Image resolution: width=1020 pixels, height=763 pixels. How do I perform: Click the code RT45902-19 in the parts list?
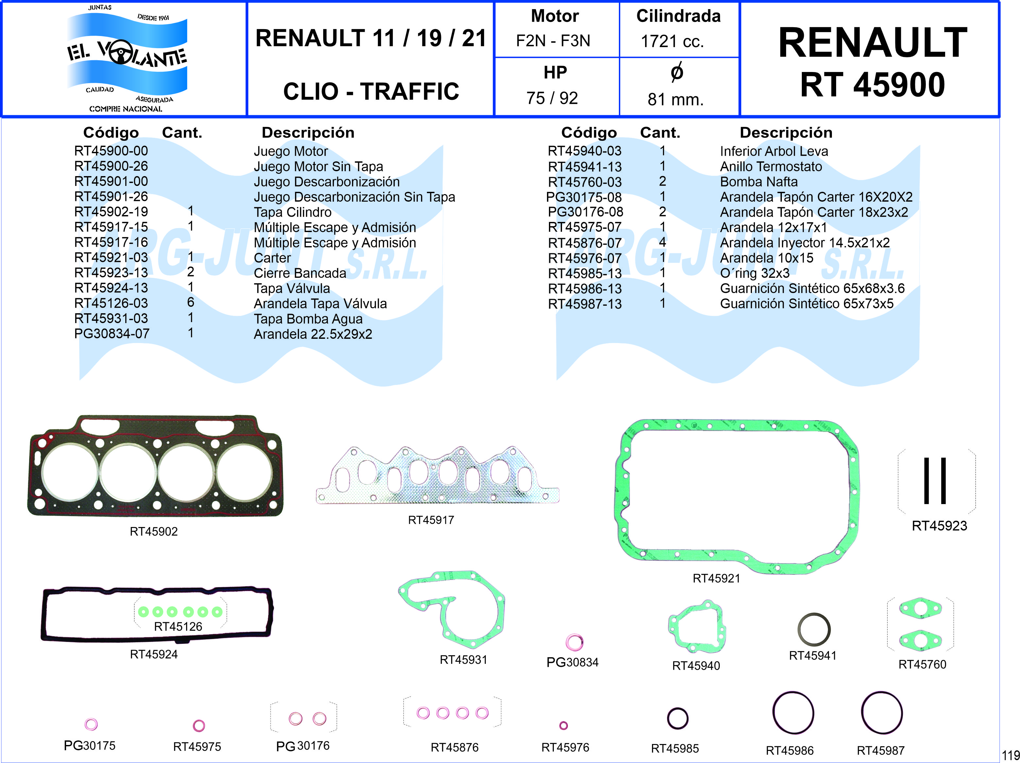tap(111, 212)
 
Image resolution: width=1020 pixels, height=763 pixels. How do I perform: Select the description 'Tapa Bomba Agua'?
tap(308, 319)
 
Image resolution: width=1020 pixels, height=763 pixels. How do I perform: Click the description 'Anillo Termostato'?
tap(771, 167)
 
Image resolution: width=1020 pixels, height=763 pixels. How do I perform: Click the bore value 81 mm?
tap(676, 99)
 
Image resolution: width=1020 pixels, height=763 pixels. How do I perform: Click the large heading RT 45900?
tap(872, 85)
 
